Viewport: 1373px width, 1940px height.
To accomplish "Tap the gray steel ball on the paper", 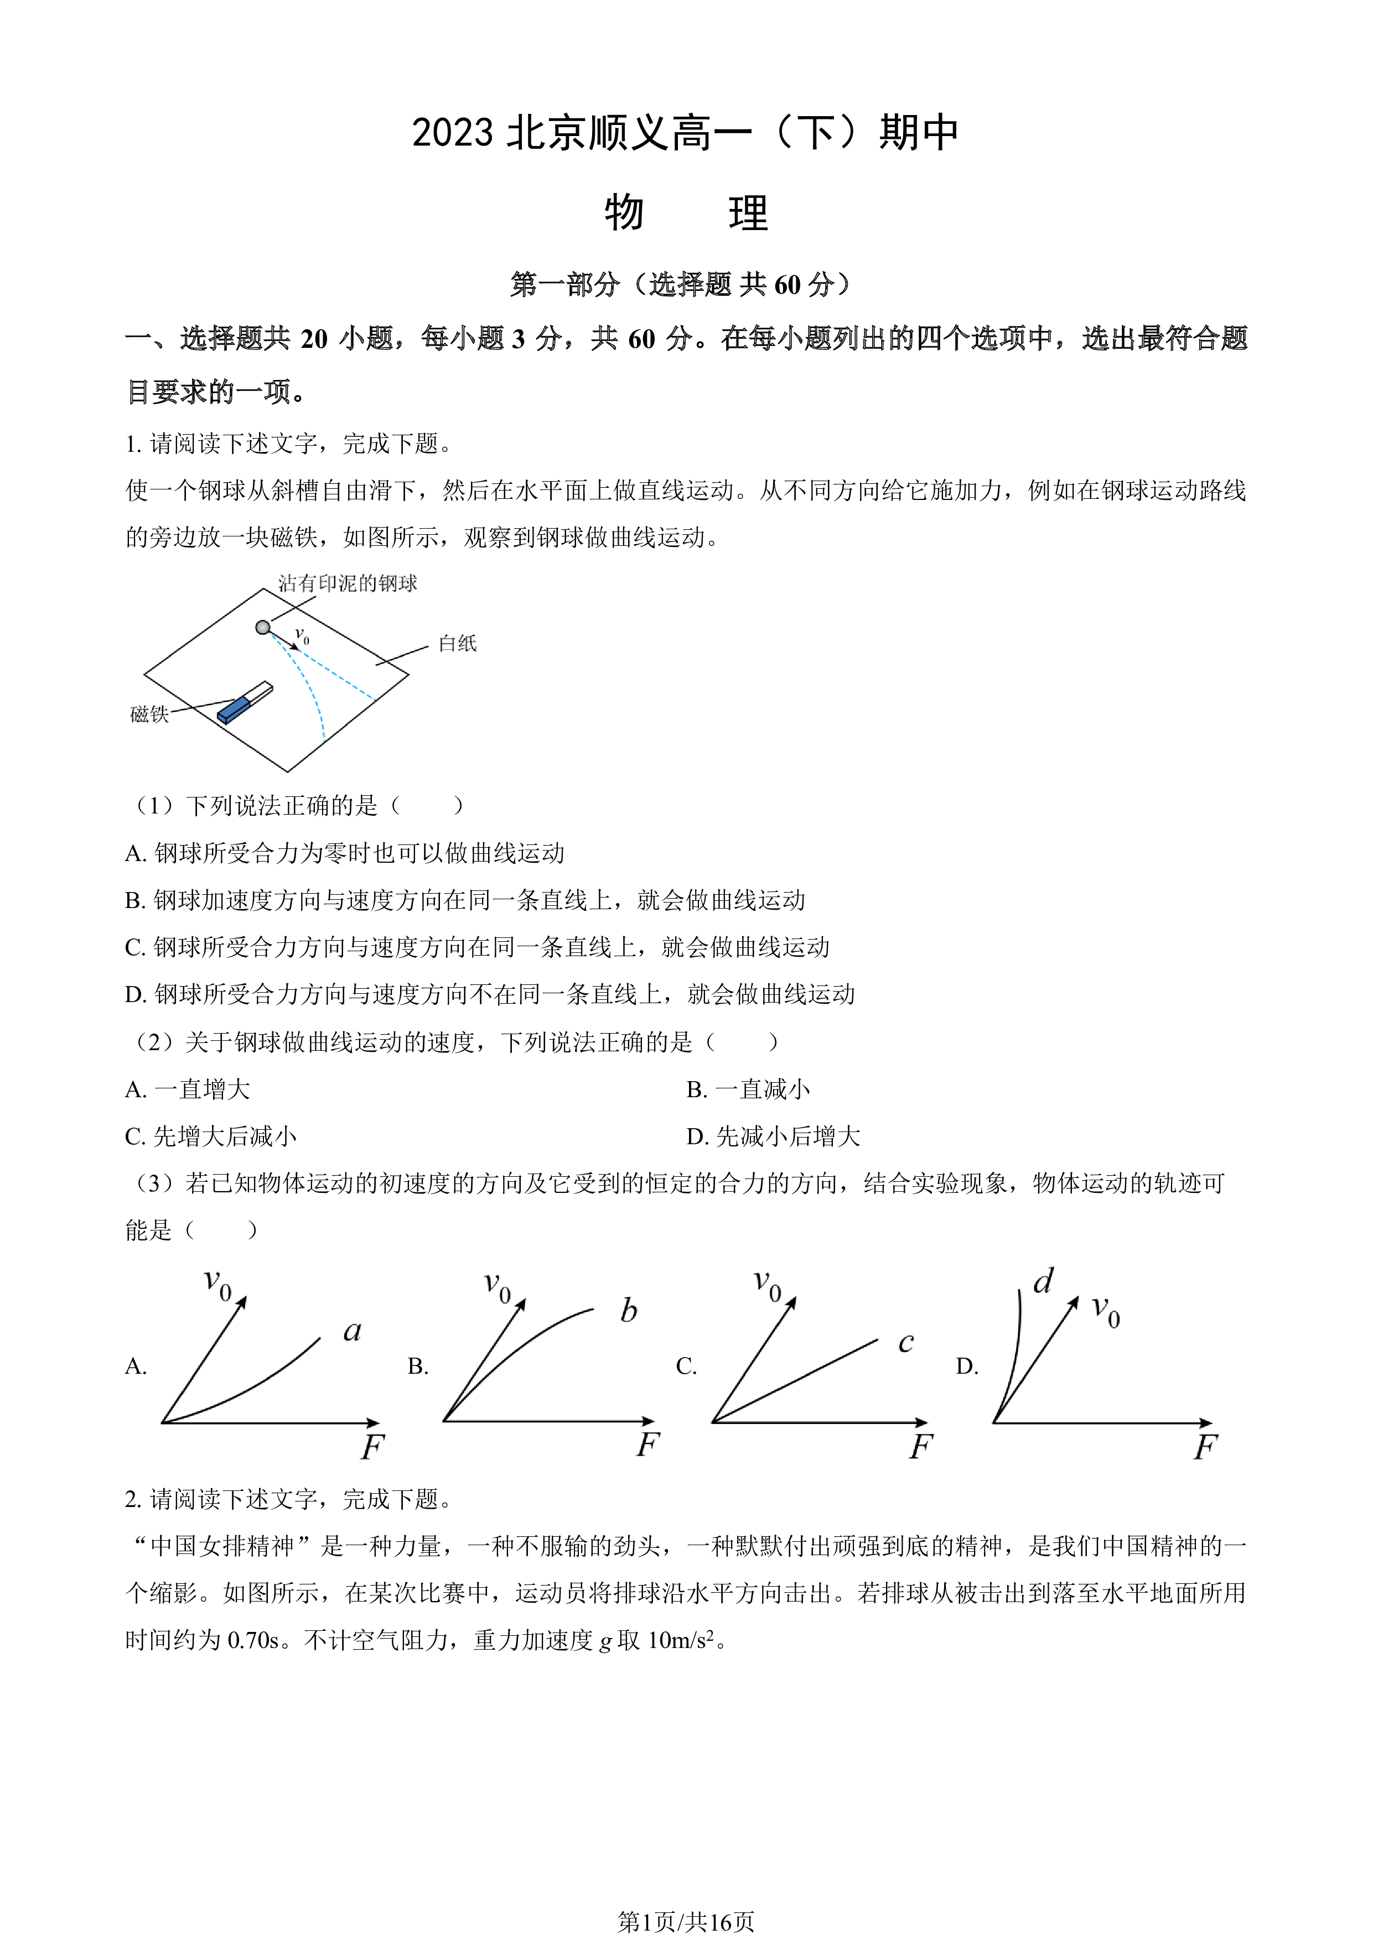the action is point(263,627).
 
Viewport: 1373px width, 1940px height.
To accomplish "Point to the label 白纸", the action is point(457,644).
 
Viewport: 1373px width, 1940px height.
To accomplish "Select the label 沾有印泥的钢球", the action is point(348,583).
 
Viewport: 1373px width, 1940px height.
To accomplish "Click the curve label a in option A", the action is point(353,1332).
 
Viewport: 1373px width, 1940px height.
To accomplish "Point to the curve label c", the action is point(905,1342).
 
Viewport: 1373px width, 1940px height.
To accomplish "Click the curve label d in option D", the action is point(1043,1281).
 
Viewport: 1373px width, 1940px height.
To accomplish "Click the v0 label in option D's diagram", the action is point(1106,1311).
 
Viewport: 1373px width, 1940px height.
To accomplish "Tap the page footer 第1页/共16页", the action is point(686,1922).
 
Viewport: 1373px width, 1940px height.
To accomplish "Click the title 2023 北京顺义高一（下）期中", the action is point(686,133).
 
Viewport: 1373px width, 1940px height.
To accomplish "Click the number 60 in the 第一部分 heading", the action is point(787,285).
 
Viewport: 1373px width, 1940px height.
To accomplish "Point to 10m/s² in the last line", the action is point(681,1639).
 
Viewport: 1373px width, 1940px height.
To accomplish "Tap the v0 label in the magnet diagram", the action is point(302,636).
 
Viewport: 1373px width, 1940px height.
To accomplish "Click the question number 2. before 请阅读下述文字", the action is point(133,1499).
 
